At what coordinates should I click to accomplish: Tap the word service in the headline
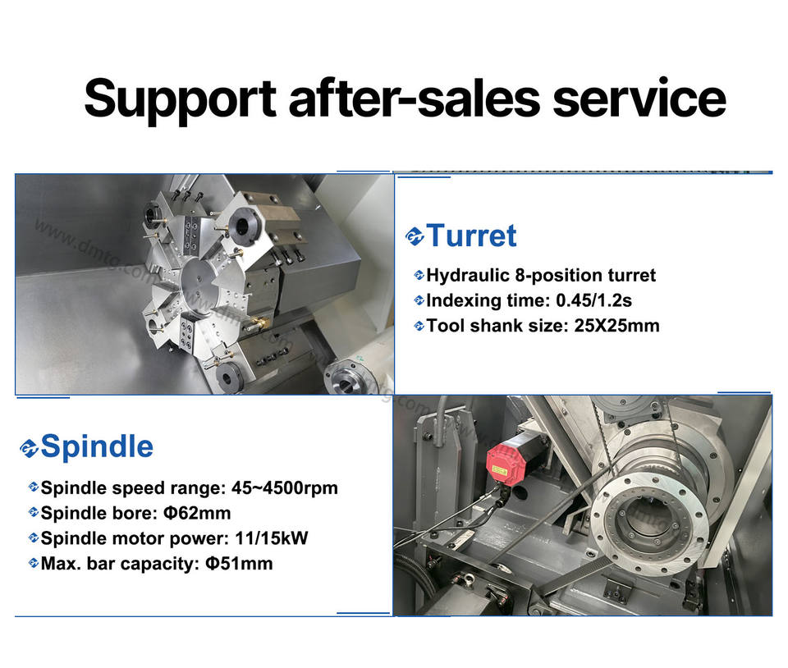[x=639, y=98]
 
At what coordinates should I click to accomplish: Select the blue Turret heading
[x=472, y=235]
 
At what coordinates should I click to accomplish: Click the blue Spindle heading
[x=97, y=446]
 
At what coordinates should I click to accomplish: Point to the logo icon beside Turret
[x=415, y=236]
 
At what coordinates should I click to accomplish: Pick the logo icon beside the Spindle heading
[x=29, y=447]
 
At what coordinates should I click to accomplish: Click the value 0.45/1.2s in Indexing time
[x=593, y=300]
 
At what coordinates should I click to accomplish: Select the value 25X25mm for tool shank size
[x=616, y=326]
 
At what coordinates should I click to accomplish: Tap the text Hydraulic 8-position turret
[x=541, y=275]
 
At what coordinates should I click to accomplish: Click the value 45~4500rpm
[x=285, y=487]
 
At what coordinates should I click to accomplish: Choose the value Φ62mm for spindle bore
[x=197, y=513]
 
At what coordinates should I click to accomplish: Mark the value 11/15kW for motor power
[x=272, y=538]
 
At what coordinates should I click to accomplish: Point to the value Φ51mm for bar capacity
[x=239, y=563]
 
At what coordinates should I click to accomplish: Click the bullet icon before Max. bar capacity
[x=33, y=563]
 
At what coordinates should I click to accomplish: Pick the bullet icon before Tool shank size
[x=419, y=326]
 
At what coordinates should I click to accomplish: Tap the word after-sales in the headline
[x=415, y=98]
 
